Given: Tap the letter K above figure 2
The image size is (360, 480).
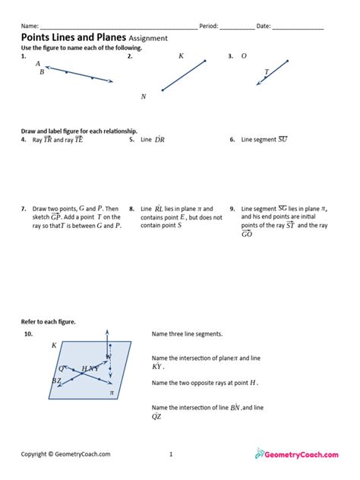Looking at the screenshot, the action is [x=181, y=56].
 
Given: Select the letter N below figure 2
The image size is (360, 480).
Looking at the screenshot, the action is [x=144, y=96].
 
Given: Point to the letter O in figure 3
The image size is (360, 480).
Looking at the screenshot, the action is [x=244, y=56].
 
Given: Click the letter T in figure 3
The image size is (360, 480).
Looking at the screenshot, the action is [x=266, y=72].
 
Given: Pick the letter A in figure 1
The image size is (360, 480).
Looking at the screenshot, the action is [x=38, y=64].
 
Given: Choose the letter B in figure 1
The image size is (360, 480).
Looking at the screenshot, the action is [x=42, y=72].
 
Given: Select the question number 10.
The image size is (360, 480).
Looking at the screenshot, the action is [x=28, y=334].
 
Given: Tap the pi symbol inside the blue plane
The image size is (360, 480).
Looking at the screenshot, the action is [x=112, y=393].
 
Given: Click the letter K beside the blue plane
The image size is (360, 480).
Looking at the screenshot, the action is [x=54, y=346].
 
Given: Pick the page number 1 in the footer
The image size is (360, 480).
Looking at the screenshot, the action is [x=172, y=454].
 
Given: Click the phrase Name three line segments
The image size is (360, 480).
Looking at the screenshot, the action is [x=188, y=334].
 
